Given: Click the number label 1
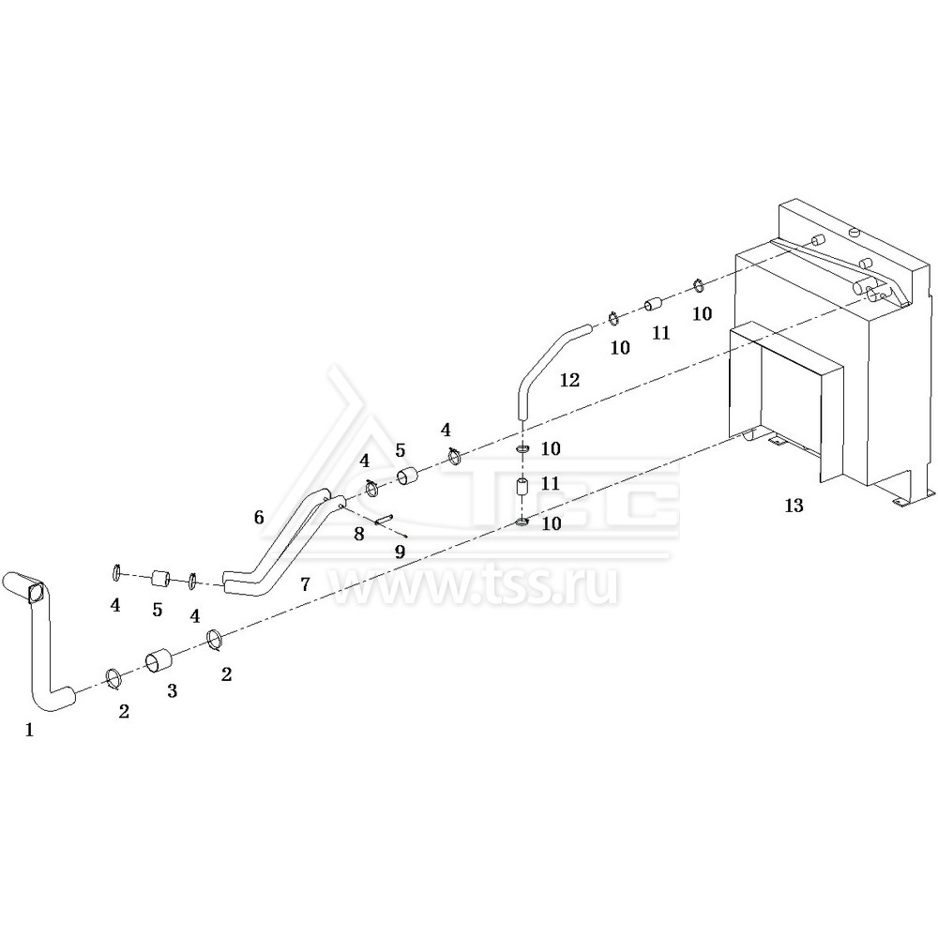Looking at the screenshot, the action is pos(29,730).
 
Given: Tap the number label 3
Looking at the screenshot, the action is pos(173,691).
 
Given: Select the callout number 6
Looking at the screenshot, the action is pos(259,517).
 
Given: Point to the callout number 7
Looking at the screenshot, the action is pos(305,583).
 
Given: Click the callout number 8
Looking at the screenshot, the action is pos(359,534).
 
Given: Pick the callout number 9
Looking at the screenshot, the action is pos(401,551).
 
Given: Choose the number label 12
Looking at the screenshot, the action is pos(570,379).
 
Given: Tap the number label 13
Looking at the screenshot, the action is pos(794,506).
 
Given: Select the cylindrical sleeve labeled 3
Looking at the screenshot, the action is pos(159,661).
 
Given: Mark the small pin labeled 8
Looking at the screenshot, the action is pos(384,520).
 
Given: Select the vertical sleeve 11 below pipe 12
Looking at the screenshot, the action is pos(522,485).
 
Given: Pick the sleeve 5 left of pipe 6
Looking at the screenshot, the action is pos(160,579).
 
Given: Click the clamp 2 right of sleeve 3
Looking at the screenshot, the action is pos(216,639).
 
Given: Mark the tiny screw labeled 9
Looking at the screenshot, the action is pos(405,536).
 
